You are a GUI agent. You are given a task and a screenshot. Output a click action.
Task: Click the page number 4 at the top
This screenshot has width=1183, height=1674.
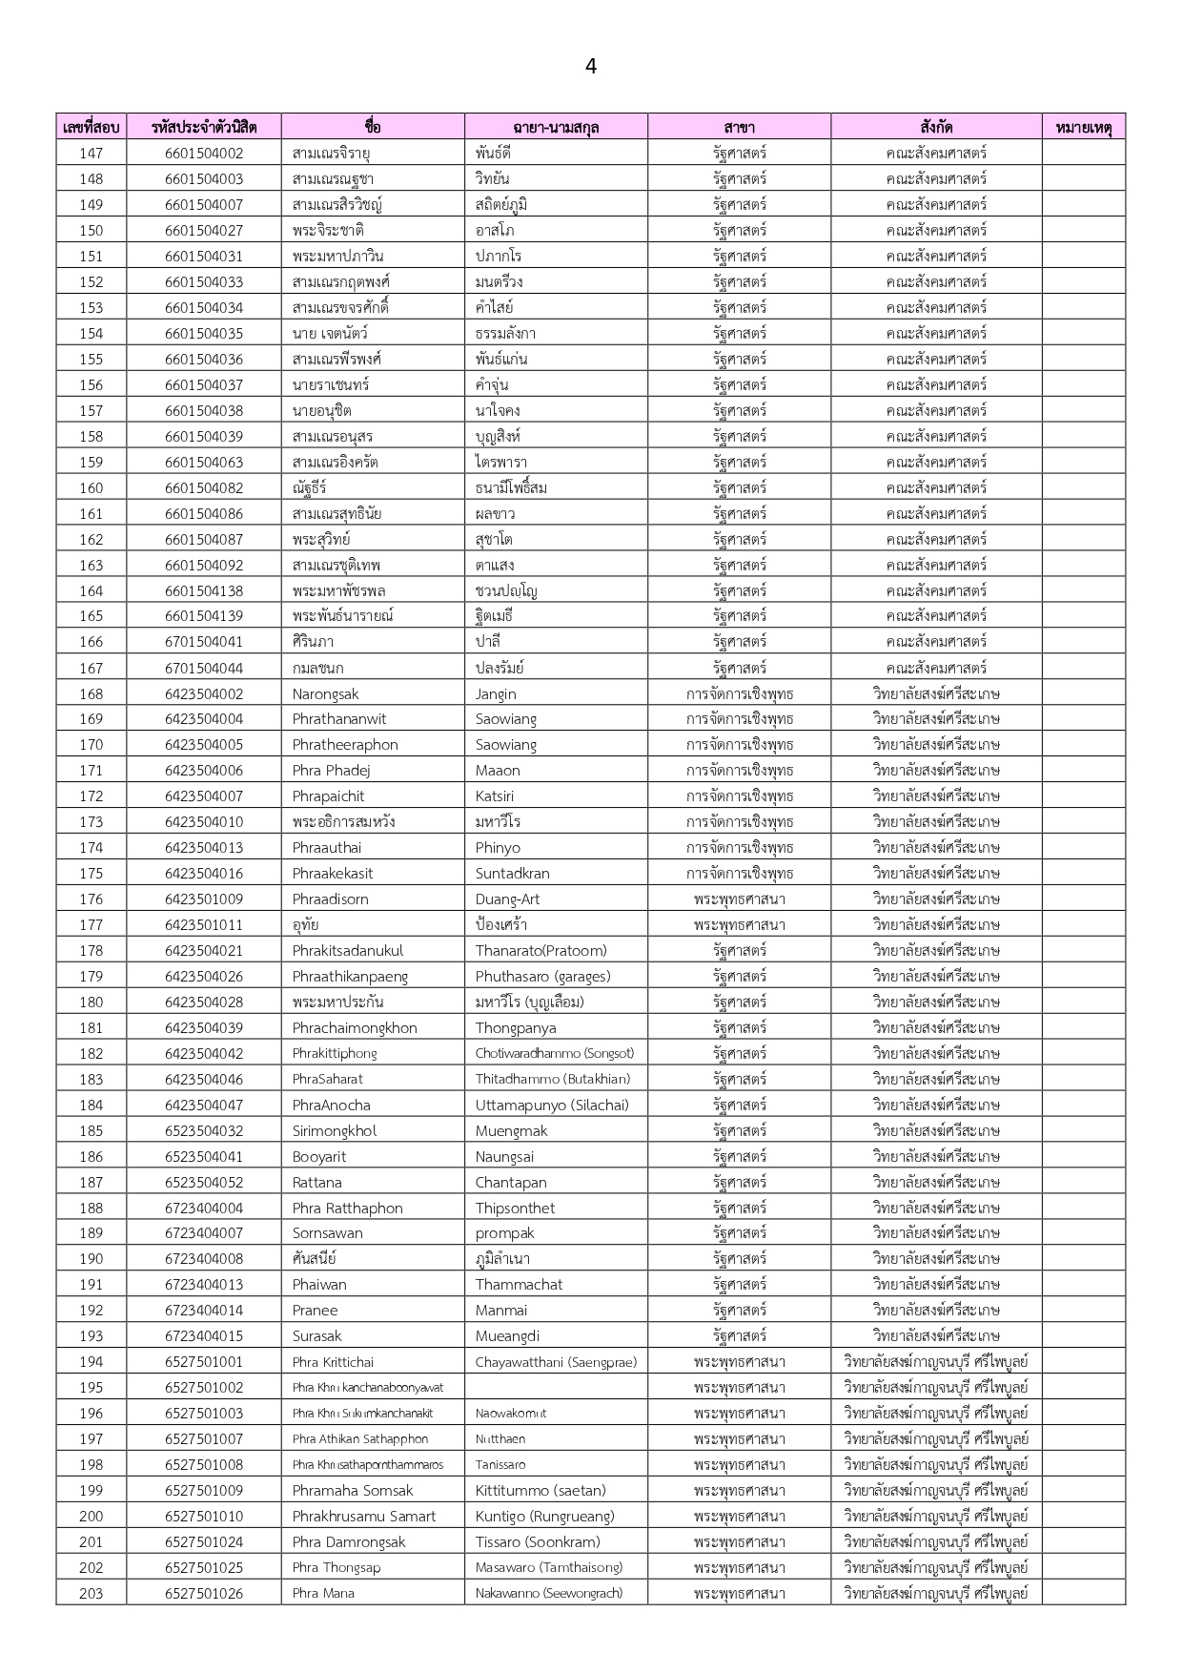(x=591, y=66)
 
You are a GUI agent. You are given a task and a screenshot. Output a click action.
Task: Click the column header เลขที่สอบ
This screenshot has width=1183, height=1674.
(x=91, y=127)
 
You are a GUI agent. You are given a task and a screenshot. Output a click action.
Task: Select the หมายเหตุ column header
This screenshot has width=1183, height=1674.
(x=1084, y=127)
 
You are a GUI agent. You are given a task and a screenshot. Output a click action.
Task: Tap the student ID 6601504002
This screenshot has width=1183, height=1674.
(x=204, y=153)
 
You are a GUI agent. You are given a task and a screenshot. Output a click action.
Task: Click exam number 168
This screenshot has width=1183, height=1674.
(x=92, y=693)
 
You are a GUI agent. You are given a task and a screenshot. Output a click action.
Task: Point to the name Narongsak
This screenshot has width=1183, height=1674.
(x=325, y=693)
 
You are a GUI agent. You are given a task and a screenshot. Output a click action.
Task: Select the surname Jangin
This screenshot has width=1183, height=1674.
(x=496, y=693)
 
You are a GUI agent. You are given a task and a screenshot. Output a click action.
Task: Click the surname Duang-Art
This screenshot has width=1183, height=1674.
(x=507, y=899)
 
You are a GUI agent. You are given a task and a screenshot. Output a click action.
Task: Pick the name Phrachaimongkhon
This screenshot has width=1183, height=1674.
(x=355, y=1027)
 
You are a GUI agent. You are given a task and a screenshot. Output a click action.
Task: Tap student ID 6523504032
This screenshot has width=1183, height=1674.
(x=204, y=1130)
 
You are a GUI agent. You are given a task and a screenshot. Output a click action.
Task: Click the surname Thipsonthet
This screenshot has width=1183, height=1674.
(x=515, y=1208)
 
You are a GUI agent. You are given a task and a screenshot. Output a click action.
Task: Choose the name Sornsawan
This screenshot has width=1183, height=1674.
(x=327, y=1232)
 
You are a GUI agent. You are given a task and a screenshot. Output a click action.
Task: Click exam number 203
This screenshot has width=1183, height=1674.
(x=92, y=1593)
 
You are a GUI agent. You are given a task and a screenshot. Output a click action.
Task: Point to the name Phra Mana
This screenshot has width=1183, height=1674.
(x=323, y=1593)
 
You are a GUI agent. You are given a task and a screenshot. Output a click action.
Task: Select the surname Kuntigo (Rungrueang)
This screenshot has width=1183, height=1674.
(x=544, y=1516)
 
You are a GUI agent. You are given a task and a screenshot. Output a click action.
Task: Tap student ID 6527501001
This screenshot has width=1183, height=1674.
(x=204, y=1361)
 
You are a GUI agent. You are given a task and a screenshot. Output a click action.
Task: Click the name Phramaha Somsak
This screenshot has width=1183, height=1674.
(x=353, y=1490)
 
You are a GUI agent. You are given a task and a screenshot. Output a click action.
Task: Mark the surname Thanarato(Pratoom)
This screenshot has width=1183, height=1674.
(x=541, y=950)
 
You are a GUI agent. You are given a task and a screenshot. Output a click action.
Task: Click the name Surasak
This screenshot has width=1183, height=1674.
(x=316, y=1335)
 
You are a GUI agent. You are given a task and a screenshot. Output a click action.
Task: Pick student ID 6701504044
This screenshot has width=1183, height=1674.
(x=204, y=668)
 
